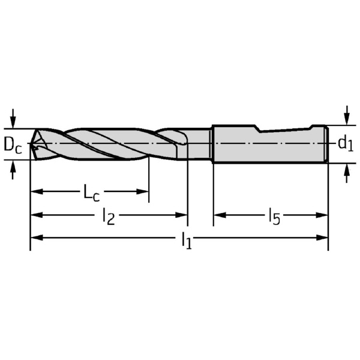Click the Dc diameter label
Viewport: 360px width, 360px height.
[x=13, y=146]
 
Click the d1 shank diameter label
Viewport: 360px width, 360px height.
[x=346, y=144]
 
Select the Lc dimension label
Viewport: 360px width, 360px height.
[x=92, y=193]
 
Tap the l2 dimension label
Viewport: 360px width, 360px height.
[x=109, y=216]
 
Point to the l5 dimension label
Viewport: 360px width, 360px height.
[x=275, y=216]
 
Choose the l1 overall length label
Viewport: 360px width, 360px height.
[x=187, y=240]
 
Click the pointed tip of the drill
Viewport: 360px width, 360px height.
[x=31, y=145]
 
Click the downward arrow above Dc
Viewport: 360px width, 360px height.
[x=13, y=118]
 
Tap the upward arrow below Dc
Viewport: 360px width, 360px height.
[x=13, y=170]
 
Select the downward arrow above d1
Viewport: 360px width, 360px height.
[x=347, y=115]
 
